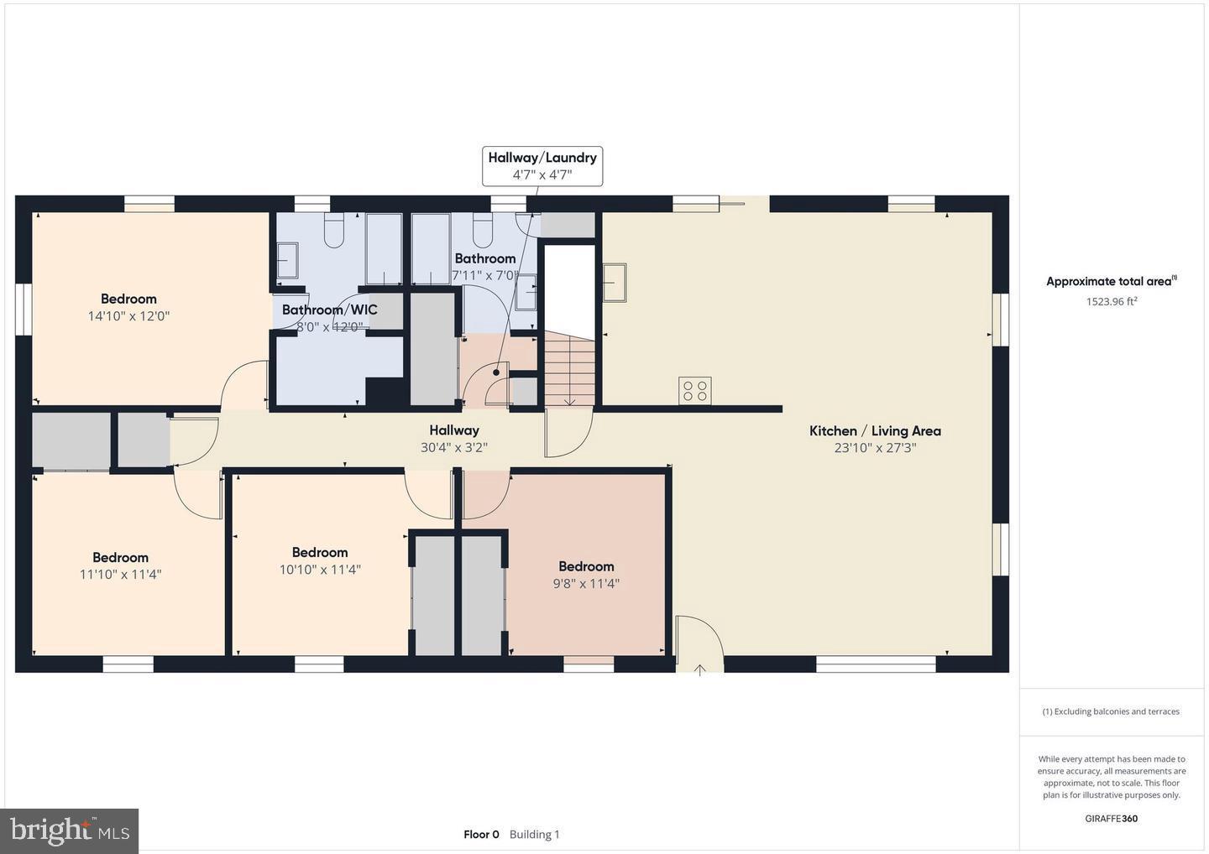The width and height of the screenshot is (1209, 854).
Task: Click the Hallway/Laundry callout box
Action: [542, 165]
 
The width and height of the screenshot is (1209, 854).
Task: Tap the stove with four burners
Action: [694, 390]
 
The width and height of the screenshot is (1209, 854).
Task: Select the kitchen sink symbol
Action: [615, 282]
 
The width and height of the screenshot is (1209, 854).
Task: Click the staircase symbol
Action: [569, 368]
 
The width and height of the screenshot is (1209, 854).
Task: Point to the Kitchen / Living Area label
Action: [875, 430]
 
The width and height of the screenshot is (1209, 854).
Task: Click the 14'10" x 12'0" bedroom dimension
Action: [128, 316]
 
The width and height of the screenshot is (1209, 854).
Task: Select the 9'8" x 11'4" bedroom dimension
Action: [586, 584]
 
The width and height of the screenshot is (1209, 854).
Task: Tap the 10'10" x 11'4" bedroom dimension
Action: [320, 570]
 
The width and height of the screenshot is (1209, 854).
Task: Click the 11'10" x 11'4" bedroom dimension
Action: [120, 575]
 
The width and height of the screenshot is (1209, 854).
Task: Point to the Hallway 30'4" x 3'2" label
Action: [454, 439]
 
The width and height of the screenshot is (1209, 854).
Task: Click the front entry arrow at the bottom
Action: [699, 669]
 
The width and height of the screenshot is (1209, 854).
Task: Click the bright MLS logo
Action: [70, 831]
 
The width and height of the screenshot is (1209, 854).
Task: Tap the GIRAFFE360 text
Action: [1111, 819]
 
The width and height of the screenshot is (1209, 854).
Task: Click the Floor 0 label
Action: [481, 835]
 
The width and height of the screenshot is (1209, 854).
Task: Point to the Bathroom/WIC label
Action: [329, 310]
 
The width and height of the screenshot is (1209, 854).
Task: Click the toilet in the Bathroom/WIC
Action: [333, 231]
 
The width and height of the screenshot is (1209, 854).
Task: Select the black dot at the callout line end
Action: [497, 372]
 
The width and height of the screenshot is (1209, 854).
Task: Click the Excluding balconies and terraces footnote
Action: [1111, 711]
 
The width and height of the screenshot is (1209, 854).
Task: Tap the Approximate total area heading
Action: [1111, 282]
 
